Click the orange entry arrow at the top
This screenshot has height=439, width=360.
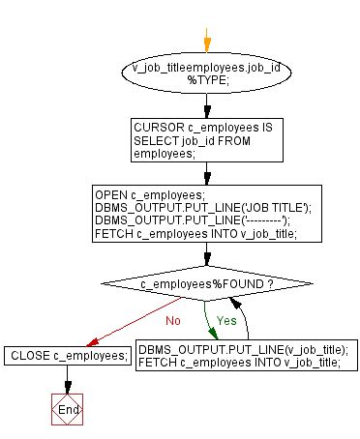coord(206,42)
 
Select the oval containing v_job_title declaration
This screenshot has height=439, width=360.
coord(205,75)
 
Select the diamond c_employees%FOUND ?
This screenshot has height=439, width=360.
coord(205,287)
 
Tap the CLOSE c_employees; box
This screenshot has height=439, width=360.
coord(69,356)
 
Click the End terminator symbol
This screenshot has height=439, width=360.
coord(69,409)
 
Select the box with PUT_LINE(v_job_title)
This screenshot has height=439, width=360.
coord(244,355)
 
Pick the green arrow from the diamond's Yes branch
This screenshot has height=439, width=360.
coord(207,324)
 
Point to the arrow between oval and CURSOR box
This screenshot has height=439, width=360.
coord(205,104)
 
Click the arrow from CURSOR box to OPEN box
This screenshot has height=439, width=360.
coord(205,172)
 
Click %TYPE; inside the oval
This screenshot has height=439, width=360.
coord(205,82)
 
